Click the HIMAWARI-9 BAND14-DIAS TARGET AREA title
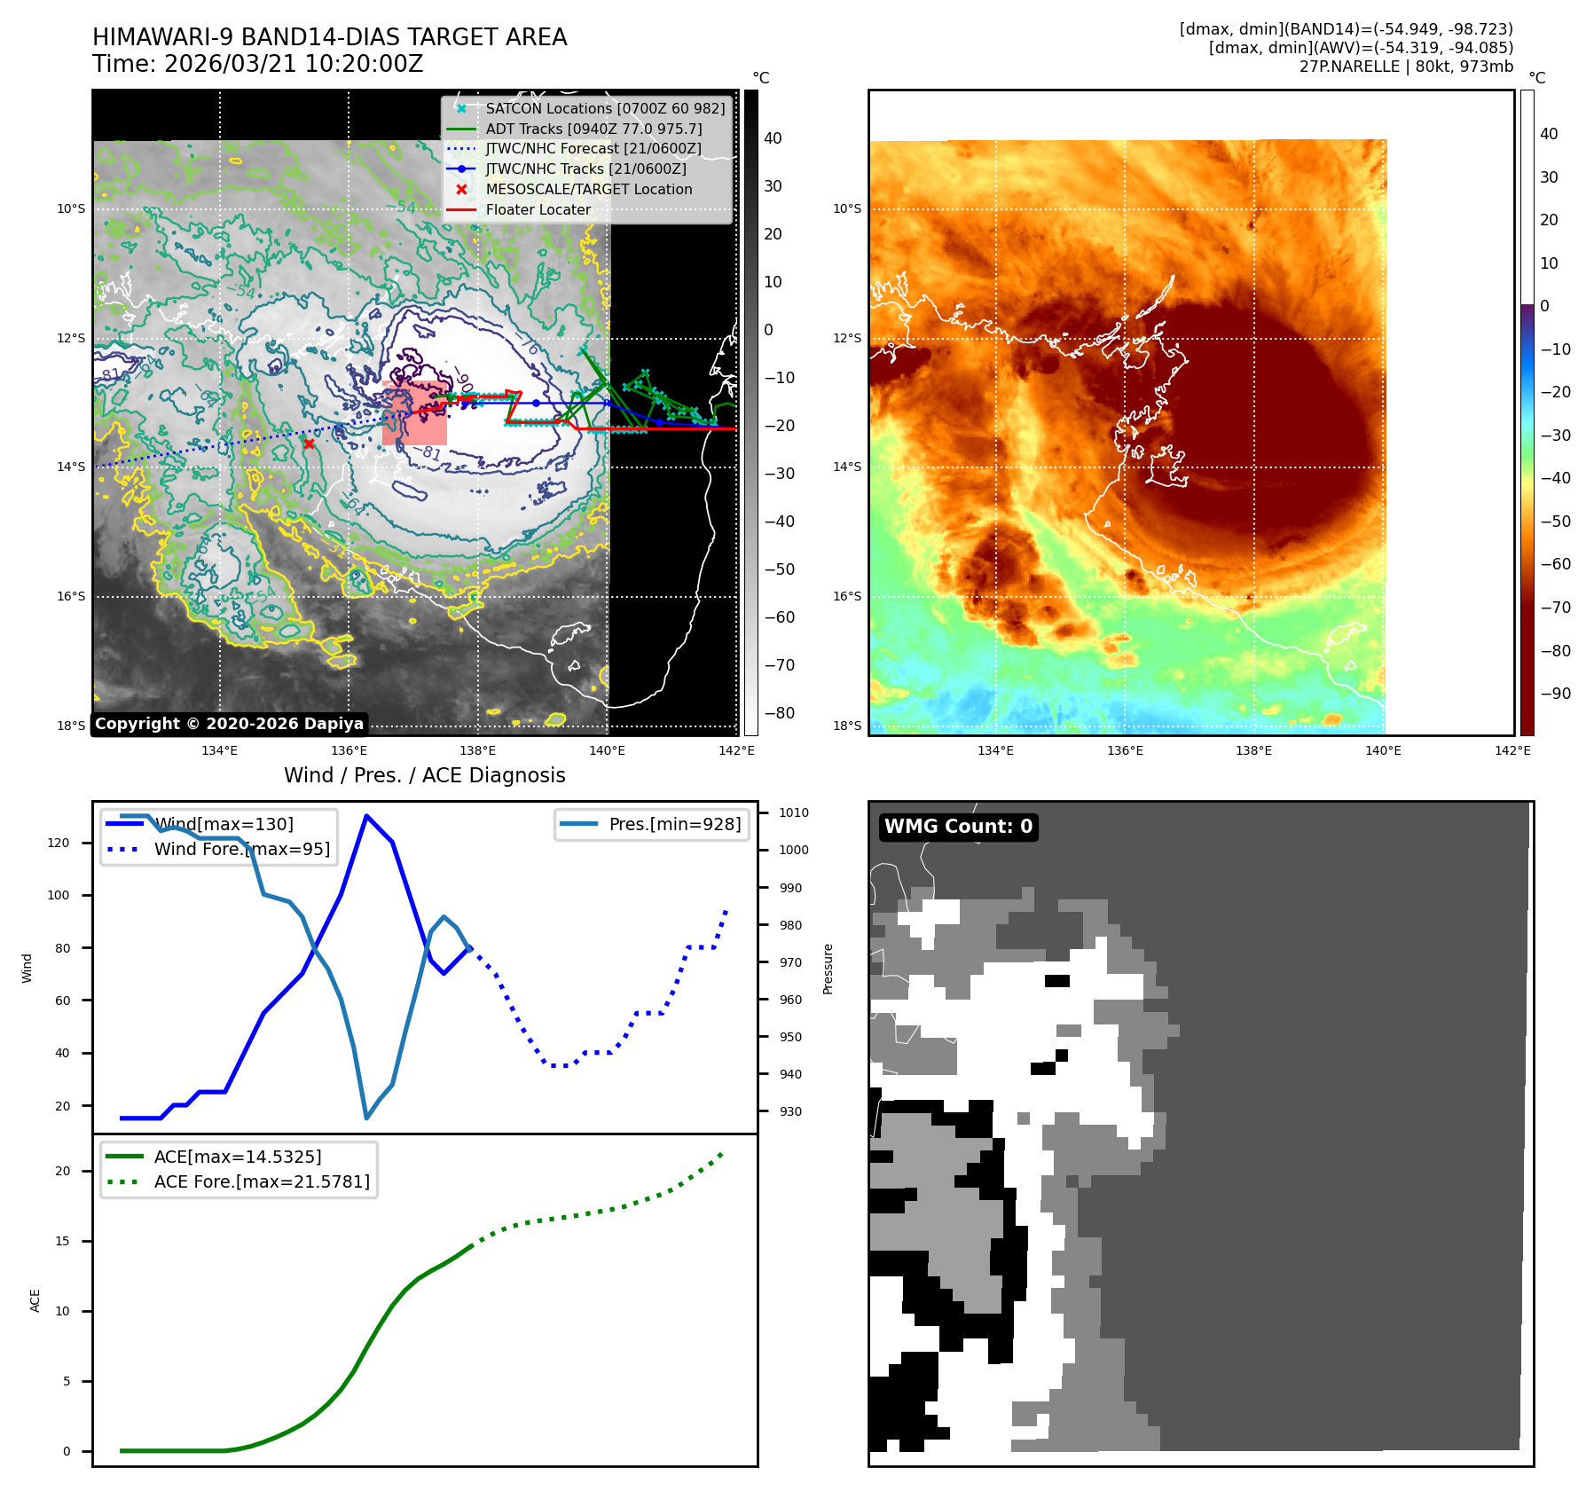[329, 37]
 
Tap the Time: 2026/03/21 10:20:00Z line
[257, 65]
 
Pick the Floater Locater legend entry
[538, 210]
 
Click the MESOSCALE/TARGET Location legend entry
[588, 190]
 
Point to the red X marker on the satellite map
[309, 443]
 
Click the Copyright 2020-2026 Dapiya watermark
[229, 724]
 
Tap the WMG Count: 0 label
[958, 827]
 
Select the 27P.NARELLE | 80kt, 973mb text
[1406, 67]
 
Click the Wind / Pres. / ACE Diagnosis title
[424, 775]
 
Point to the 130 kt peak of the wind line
[366, 816]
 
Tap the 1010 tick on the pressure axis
[793, 812]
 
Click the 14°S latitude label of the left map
[71, 467]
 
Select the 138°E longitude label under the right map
[1253, 751]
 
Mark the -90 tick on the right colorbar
[1555, 694]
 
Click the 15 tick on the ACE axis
[62, 1241]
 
